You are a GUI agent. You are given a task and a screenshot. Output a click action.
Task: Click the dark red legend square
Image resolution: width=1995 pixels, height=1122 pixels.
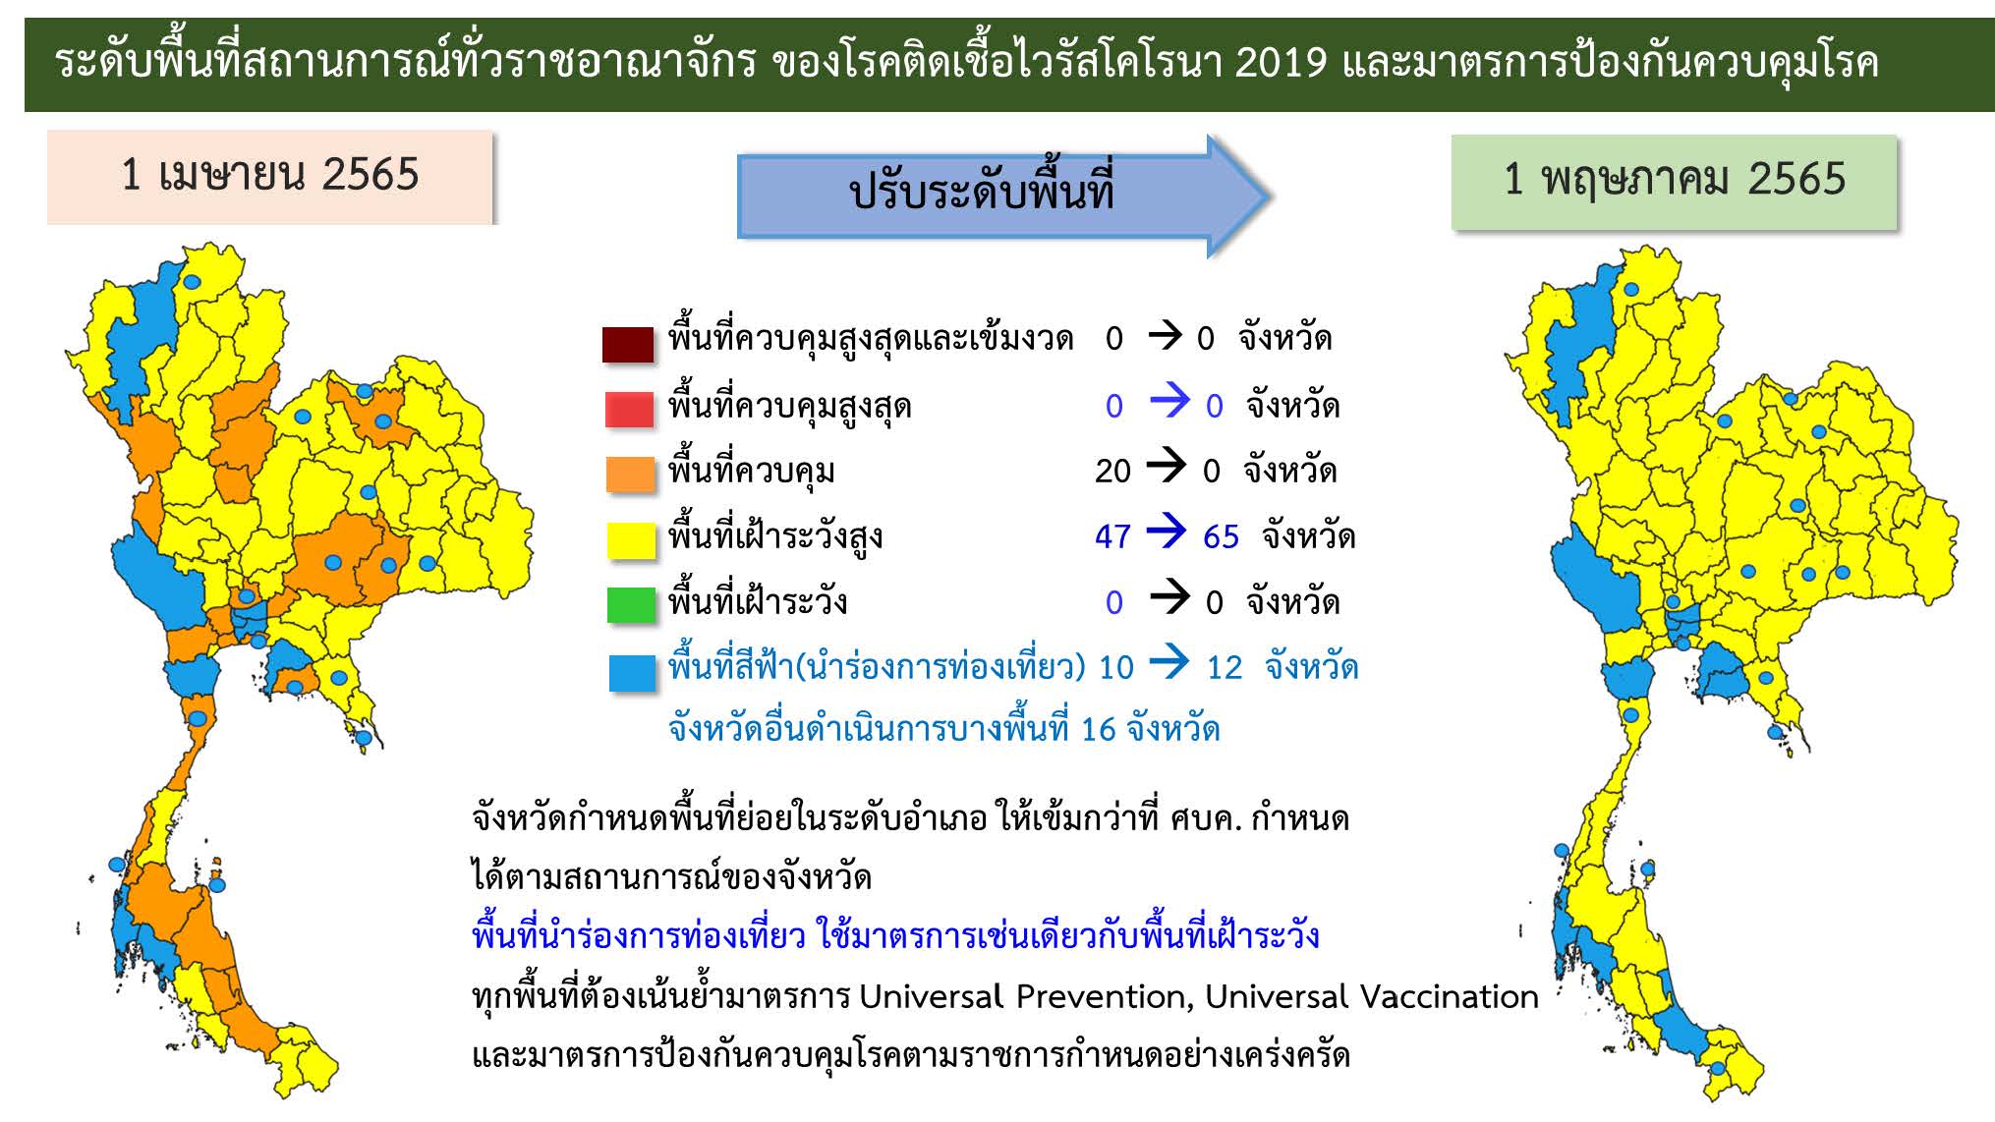tap(629, 344)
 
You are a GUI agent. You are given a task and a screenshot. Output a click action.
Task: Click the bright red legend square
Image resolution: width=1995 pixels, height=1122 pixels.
tap(630, 410)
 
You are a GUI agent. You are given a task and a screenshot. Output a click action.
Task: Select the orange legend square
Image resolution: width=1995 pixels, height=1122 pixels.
tap(631, 474)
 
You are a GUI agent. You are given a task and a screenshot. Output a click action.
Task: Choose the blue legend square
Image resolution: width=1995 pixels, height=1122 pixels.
tap(633, 673)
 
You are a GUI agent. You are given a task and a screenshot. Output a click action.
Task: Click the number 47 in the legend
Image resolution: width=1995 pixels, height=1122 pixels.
tap(1112, 536)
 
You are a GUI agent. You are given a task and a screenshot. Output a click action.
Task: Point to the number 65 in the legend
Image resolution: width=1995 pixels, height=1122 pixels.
tap(1221, 536)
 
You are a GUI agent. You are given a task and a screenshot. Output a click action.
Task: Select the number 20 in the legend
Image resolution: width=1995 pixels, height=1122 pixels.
tap(1112, 472)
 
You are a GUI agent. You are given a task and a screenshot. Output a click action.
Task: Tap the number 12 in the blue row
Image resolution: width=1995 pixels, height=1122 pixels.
tap(1225, 668)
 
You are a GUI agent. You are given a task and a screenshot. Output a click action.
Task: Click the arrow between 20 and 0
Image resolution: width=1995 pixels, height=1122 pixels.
tap(1167, 466)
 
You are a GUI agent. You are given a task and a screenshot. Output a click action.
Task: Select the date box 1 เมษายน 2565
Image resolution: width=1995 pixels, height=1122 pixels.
tap(270, 177)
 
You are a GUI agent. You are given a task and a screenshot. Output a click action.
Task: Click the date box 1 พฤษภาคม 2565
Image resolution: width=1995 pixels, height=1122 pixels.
tap(1675, 182)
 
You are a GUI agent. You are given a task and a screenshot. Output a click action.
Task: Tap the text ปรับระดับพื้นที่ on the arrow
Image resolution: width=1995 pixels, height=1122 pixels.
tap(982, 189)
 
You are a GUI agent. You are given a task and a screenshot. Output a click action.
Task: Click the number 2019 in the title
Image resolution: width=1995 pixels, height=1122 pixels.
tap(1281, 63)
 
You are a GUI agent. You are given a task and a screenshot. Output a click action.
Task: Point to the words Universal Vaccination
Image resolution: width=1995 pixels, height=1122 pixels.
tap(1372, 997)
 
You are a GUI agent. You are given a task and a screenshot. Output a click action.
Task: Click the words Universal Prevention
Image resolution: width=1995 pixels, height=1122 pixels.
tap(1027, 997)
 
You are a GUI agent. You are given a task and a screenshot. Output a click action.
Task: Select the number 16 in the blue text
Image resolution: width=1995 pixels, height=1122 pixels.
tap(1099, 730)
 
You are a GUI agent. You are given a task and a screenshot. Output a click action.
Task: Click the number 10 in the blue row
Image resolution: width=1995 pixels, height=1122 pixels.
tap(1116, 668)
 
